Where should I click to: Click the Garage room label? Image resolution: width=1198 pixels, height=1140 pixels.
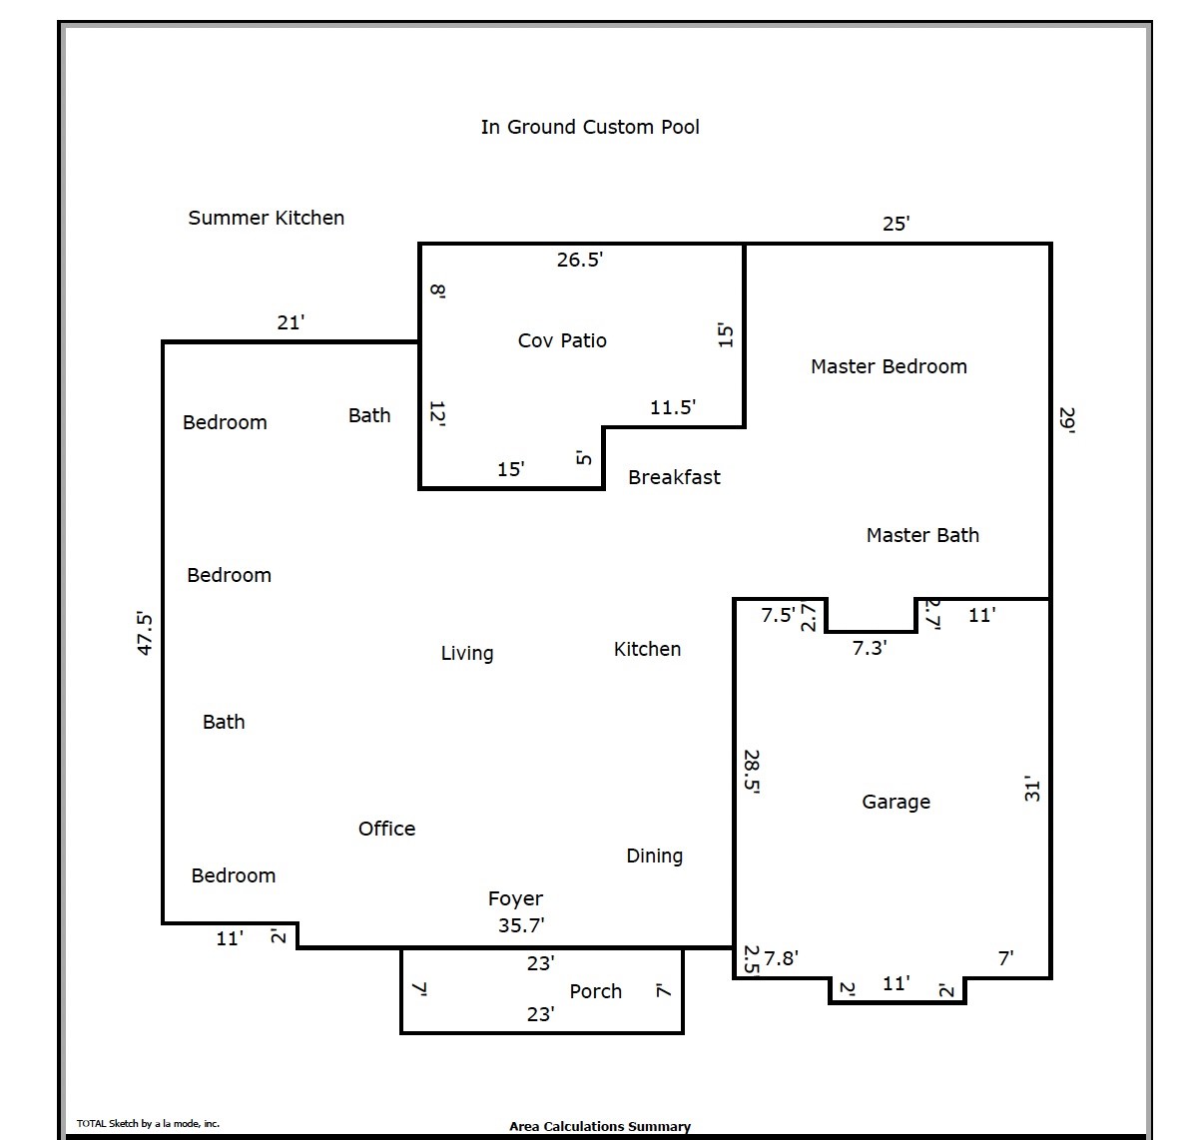[896, 802]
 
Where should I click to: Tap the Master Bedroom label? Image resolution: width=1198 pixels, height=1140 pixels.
[889, 366]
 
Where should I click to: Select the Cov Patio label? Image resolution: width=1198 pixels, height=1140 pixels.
[562, 340]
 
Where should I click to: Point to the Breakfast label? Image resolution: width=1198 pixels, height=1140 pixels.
[674, 477]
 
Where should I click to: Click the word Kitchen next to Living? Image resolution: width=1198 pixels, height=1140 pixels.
[647, 649]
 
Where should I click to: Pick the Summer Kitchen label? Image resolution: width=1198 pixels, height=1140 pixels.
[266, 218]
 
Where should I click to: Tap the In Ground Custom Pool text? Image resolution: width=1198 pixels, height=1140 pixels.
[590, 127]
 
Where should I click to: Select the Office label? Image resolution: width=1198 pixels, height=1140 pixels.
[386, 829]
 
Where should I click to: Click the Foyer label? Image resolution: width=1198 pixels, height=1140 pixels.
[515, 898]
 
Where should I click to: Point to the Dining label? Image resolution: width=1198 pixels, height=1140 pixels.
[654, 855]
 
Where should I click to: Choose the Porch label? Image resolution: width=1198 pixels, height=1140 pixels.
[595, 991]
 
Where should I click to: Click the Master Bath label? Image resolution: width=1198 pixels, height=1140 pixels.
[922, 535]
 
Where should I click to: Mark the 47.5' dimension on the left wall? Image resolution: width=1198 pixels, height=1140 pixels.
[145, 633]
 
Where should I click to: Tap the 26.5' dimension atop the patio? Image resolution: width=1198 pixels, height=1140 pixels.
[580, 260]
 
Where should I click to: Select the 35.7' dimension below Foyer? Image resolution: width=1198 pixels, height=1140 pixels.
[521, 925]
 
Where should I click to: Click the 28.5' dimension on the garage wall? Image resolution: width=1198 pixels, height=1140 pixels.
[753, 771]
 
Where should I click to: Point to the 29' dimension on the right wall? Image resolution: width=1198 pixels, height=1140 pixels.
[1067, 419]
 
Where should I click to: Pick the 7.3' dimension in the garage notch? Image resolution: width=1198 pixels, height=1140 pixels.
[870, 648]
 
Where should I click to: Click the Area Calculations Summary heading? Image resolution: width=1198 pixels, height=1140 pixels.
[599, 1126]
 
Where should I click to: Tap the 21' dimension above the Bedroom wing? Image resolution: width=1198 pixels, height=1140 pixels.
[291, 322]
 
